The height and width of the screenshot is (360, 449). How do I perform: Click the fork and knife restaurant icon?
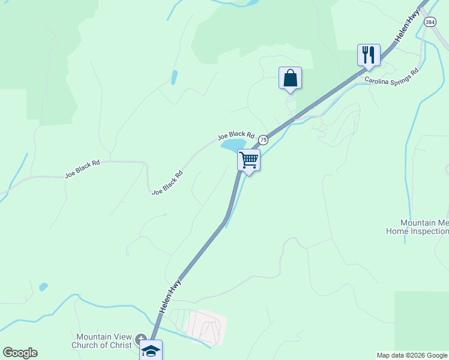(368, 55)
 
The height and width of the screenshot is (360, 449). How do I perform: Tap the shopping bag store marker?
(290, 78)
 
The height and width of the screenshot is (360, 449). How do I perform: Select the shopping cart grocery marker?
(249, 160)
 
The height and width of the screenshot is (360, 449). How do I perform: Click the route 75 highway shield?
(263, 139)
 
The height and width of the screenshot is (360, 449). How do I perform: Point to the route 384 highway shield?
(430, 22)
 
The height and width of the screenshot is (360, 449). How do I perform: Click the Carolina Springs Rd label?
(391, 75)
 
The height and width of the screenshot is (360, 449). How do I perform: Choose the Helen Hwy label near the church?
(170, 295)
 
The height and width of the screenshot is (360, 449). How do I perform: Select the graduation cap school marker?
(151, 350)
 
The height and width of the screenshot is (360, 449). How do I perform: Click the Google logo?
(20, 353)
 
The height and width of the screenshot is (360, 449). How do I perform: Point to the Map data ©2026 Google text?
(412, 355)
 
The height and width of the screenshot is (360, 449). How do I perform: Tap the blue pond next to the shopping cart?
(233, 145)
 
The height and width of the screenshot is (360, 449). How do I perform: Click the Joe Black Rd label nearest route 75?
(237, 137)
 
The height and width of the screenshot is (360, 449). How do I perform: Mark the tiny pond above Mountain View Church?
(43, 287)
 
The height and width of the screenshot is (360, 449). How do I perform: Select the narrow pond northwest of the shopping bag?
(174, 77)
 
